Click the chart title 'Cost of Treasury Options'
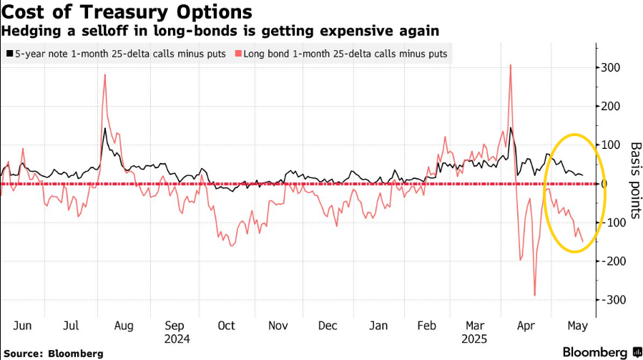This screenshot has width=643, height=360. pyautogui.click(x=126, y=12)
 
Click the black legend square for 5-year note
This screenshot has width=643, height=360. pyautogui.click(x=9, y=54)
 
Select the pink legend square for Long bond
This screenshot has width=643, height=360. pyautogui.click(x=239, y=54)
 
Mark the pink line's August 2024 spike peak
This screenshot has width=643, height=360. pyautogui.click(x=105, y=74)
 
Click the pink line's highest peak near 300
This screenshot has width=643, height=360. pyautogui.click(x=510, y=65)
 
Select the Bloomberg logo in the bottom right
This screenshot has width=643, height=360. pyautogui.click(x=597, y=352)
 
